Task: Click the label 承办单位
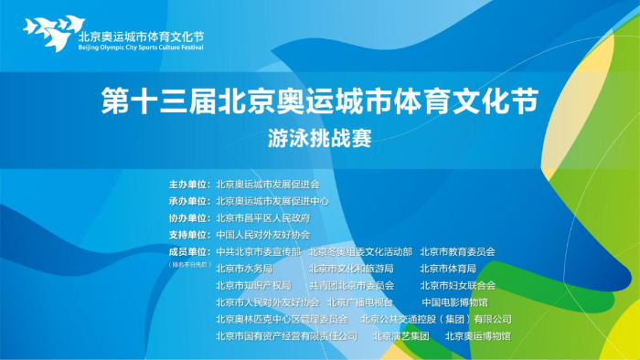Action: coord(189,200)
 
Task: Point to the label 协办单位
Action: coord(189,217)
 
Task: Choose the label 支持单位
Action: coord(189,234)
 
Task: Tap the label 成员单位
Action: coord(189,251)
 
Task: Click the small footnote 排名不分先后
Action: coord(189,264)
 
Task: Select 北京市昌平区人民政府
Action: coord(262,217)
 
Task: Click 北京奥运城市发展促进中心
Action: coord(272,200)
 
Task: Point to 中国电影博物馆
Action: coord(454,302)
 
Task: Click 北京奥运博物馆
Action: coord(477,335)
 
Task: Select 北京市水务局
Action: coord(244,268)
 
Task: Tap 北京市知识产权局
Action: coord(253,285)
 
